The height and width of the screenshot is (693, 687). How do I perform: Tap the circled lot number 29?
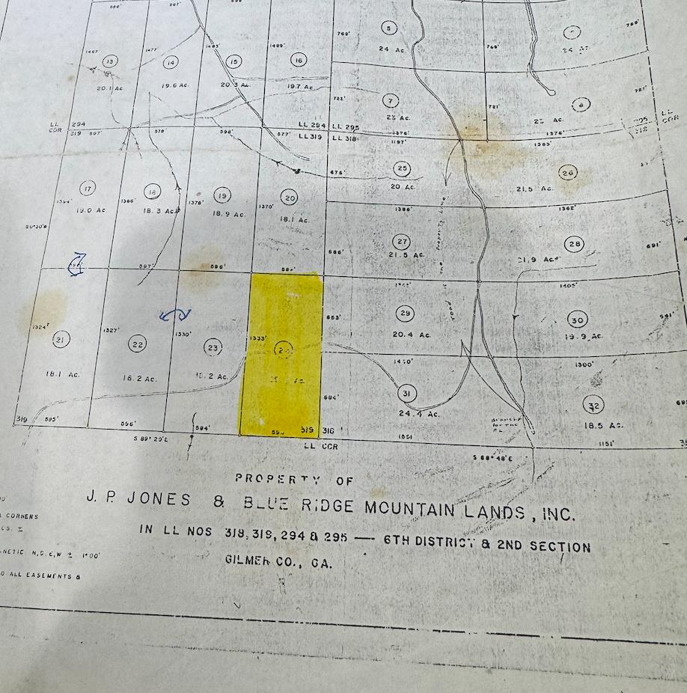pyautogui.click(x=406, y=314)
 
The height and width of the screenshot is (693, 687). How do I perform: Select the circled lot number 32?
pyautogui.click(x=593, y=406)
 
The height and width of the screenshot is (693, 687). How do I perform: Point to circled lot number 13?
pyautogui.click(x=110, y=61)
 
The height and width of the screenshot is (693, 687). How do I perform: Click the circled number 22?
pyautogui.click(x=137, y=344)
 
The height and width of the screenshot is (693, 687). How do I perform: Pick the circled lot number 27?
pyautogui.click(x=402, y=241)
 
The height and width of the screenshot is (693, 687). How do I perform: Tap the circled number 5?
pyautogui.click(x=388, y=28)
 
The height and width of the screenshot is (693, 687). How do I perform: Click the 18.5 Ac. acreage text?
pyautogui.click(x=605, y=424)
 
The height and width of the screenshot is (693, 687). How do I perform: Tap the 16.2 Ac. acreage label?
pyautogui.click(x=140, y=379)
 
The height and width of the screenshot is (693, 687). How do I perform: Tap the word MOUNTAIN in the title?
pyautogui.click(x=410, y=508)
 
